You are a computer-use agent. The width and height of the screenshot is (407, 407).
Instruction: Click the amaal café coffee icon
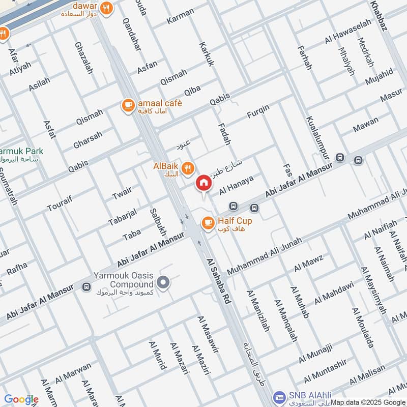pos(127,105)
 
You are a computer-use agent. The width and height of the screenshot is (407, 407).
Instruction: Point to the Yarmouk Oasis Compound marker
pos(163,281)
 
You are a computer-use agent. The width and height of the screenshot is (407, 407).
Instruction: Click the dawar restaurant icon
pos(106,8)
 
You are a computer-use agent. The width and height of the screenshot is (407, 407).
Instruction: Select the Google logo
pos(21,399)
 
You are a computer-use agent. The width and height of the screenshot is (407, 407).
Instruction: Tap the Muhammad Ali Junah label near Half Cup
pos(265,255)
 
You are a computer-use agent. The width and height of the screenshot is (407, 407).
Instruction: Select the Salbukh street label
pos(157,222)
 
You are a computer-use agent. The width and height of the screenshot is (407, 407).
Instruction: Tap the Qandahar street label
pos(131,34)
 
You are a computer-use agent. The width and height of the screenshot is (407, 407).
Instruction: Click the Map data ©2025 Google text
pos(368,401)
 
